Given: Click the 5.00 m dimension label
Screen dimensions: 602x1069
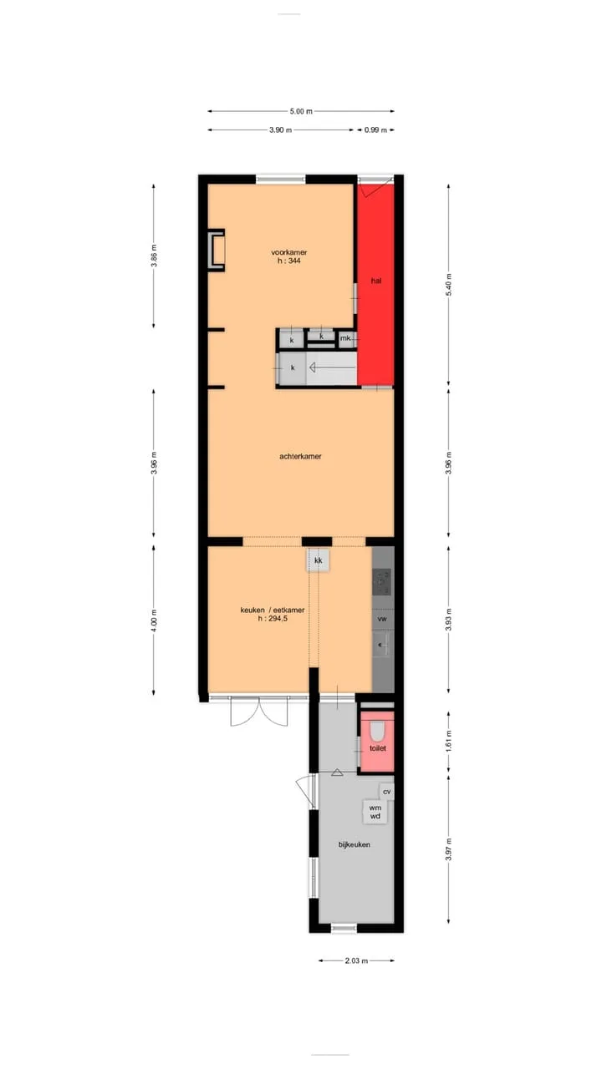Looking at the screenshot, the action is coord(301,111).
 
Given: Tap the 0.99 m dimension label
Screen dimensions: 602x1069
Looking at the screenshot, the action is coord(375,129).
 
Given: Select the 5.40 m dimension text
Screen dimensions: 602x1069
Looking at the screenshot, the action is coord(449,285).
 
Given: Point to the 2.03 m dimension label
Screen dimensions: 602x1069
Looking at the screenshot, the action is coord(356,960).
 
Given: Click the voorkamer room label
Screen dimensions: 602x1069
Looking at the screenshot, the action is coord(289,252).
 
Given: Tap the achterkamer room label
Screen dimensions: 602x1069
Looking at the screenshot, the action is coord(300,456).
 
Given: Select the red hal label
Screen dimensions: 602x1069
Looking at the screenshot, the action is coord(376,281).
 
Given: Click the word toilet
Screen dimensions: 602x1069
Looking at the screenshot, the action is coord(377,748).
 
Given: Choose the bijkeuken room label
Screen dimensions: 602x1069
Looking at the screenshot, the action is coord(354,844).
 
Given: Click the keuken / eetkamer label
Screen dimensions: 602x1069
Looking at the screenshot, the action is coord(273,610).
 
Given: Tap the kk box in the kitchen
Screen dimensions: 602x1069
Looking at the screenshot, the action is coord(319,560).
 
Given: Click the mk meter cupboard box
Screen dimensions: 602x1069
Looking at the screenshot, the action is coord(345,338).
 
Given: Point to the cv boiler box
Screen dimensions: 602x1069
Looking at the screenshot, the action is coord(386,791).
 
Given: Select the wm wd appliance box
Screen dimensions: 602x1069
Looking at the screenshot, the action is coord(375,812).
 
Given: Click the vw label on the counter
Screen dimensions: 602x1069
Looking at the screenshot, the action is coord(382,619).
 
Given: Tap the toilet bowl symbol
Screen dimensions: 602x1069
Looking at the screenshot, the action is coord(377,730).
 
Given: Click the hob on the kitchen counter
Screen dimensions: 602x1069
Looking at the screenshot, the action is coord(381,582).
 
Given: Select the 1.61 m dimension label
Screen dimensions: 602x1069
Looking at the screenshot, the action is coord(449,741).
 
